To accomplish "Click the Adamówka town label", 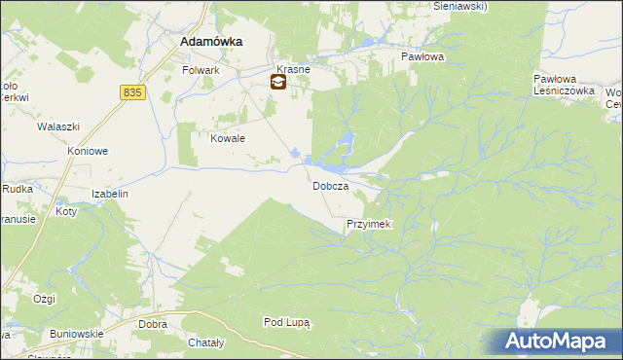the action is pos(211,43).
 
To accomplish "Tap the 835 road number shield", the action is pos(134,91).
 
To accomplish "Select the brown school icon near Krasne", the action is pos(278,83).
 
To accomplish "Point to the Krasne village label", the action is pos(293,70).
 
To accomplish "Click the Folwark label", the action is pos(202,71).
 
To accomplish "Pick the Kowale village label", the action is pos(228,138).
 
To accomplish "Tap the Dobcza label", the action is pos(330,186).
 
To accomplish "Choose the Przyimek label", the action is pos(368,225).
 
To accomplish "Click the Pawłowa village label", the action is pos(422,57).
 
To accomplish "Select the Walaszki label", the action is pos(56,126).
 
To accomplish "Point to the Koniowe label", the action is pos(87,152).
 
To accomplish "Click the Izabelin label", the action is pos(110,194).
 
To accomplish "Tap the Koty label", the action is pos(66,211).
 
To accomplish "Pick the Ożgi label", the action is pos(44,299).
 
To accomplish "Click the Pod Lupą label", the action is pos(286,322).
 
